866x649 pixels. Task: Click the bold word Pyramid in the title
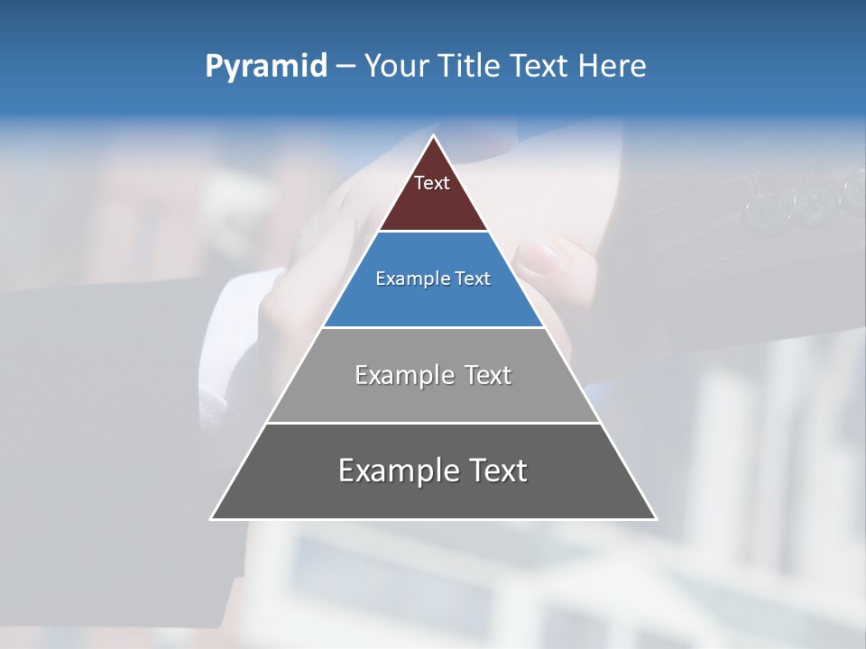pyautogui.click(x=265, y=67)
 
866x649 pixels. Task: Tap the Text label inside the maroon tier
pyautogui.click(x=432, y=183)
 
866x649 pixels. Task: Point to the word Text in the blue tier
pyautogui.click(x=474, y=279)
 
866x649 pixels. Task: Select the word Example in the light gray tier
pyautogui.click(x=402, y=375)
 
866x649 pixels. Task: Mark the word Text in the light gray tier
pyautogui.click(x=487, y=375)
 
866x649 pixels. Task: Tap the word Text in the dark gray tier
pyautogui.click(x=497, y=471)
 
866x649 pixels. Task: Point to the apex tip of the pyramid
pyautogui.click(x=433, y=136)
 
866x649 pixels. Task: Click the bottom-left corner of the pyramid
pyautogui.click(x=212, y=518)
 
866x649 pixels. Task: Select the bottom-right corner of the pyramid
pyautogui.click(x=655, y=518)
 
